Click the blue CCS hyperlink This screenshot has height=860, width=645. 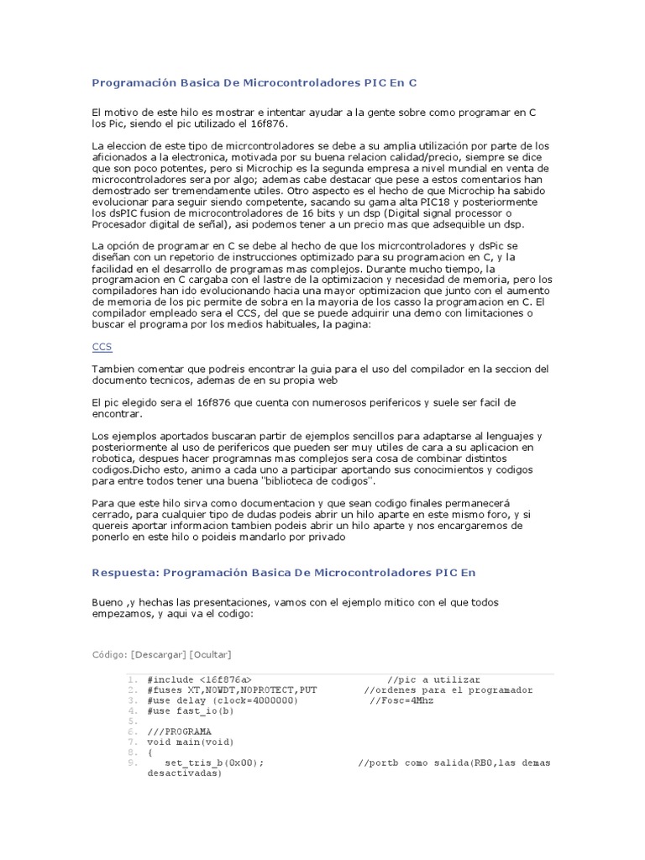102,347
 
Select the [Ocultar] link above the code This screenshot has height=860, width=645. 211,654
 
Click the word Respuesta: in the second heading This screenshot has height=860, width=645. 124,572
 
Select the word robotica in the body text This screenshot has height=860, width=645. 114,459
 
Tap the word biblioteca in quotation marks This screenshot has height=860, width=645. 291,482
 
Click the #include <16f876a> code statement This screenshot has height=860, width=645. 199,679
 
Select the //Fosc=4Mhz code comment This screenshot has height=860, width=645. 401,700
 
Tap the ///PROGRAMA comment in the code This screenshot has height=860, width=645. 179,732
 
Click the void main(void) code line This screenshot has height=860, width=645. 191,742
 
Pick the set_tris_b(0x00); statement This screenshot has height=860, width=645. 214,763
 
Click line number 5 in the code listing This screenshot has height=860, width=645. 133,721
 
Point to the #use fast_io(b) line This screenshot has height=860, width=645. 191,711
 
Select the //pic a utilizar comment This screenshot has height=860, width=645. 433,679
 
